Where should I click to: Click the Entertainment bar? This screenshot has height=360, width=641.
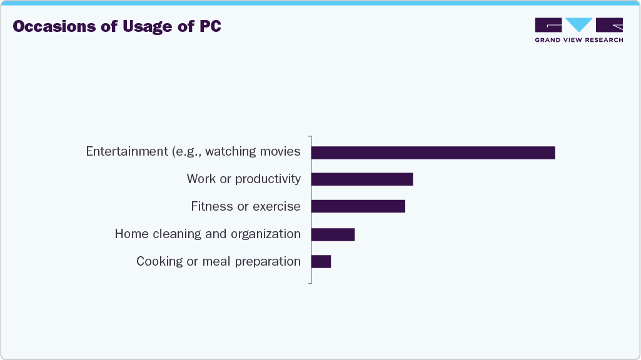[x=433, y=152]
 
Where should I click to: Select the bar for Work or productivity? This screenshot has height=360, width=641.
[x=362, y=179]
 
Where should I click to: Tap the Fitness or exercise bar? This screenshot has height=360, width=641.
[x=358, y=206]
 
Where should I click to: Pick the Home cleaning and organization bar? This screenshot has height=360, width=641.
[x=333, y=234]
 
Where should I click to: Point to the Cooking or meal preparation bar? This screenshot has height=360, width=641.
[x=321, y=261]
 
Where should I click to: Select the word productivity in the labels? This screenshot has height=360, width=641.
[x=268, y=179]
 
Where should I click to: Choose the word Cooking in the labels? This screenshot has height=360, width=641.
[x=159, y=261]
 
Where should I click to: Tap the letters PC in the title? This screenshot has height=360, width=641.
[x=209, y=27]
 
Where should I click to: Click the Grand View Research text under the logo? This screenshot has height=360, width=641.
[x=578, y=40]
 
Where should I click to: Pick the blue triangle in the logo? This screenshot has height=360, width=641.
[x=578, y=24]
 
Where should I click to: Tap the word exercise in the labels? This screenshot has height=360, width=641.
[x=277, y=206]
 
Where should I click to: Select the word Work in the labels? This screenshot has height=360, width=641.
[x=201, y=179]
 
